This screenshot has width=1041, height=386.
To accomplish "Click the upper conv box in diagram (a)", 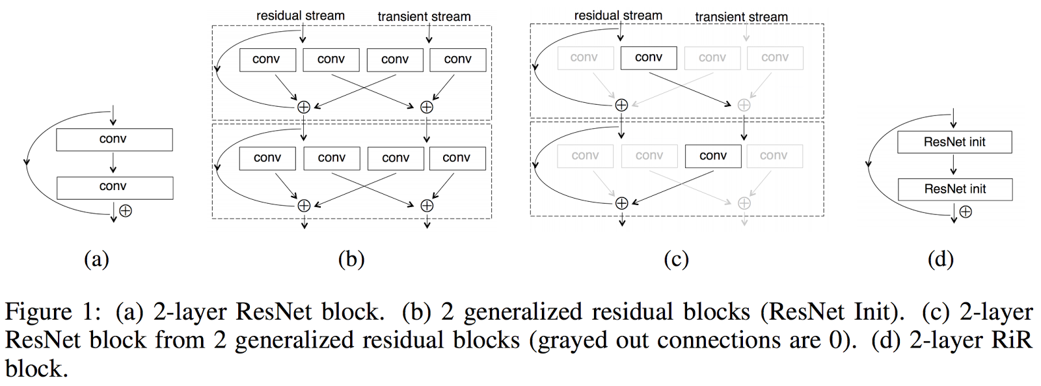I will coord(114,139).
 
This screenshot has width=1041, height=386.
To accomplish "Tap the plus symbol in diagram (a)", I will coord(126,211).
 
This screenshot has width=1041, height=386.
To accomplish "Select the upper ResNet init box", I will coord(954,142).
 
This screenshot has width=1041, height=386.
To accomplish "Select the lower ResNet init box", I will coord(955,189).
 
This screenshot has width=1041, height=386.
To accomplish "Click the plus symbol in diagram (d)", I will coord(966,212).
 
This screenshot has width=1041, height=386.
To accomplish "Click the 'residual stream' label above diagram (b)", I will coord(300,16).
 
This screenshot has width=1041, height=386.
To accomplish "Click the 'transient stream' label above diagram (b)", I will coord(424,16).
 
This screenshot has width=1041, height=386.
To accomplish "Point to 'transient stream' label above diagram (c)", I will coord(741,17).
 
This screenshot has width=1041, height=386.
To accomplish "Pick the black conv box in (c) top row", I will coord(649,58).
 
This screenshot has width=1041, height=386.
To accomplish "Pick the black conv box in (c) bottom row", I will coord(712,156).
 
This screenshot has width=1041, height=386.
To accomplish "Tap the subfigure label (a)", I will coord(96,259).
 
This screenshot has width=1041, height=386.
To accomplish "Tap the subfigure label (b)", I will coord(351,259).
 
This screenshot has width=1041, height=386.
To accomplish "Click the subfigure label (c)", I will coord(676,259).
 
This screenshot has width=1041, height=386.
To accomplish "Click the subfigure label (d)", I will coord(940,259).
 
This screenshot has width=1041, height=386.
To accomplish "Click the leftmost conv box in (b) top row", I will coord(267,60).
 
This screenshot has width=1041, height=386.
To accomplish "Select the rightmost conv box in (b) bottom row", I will coord(457,158).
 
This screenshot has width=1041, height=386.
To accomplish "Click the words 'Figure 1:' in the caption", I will coord(52,312).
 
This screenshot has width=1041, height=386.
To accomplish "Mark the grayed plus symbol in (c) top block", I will coord(744,105).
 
